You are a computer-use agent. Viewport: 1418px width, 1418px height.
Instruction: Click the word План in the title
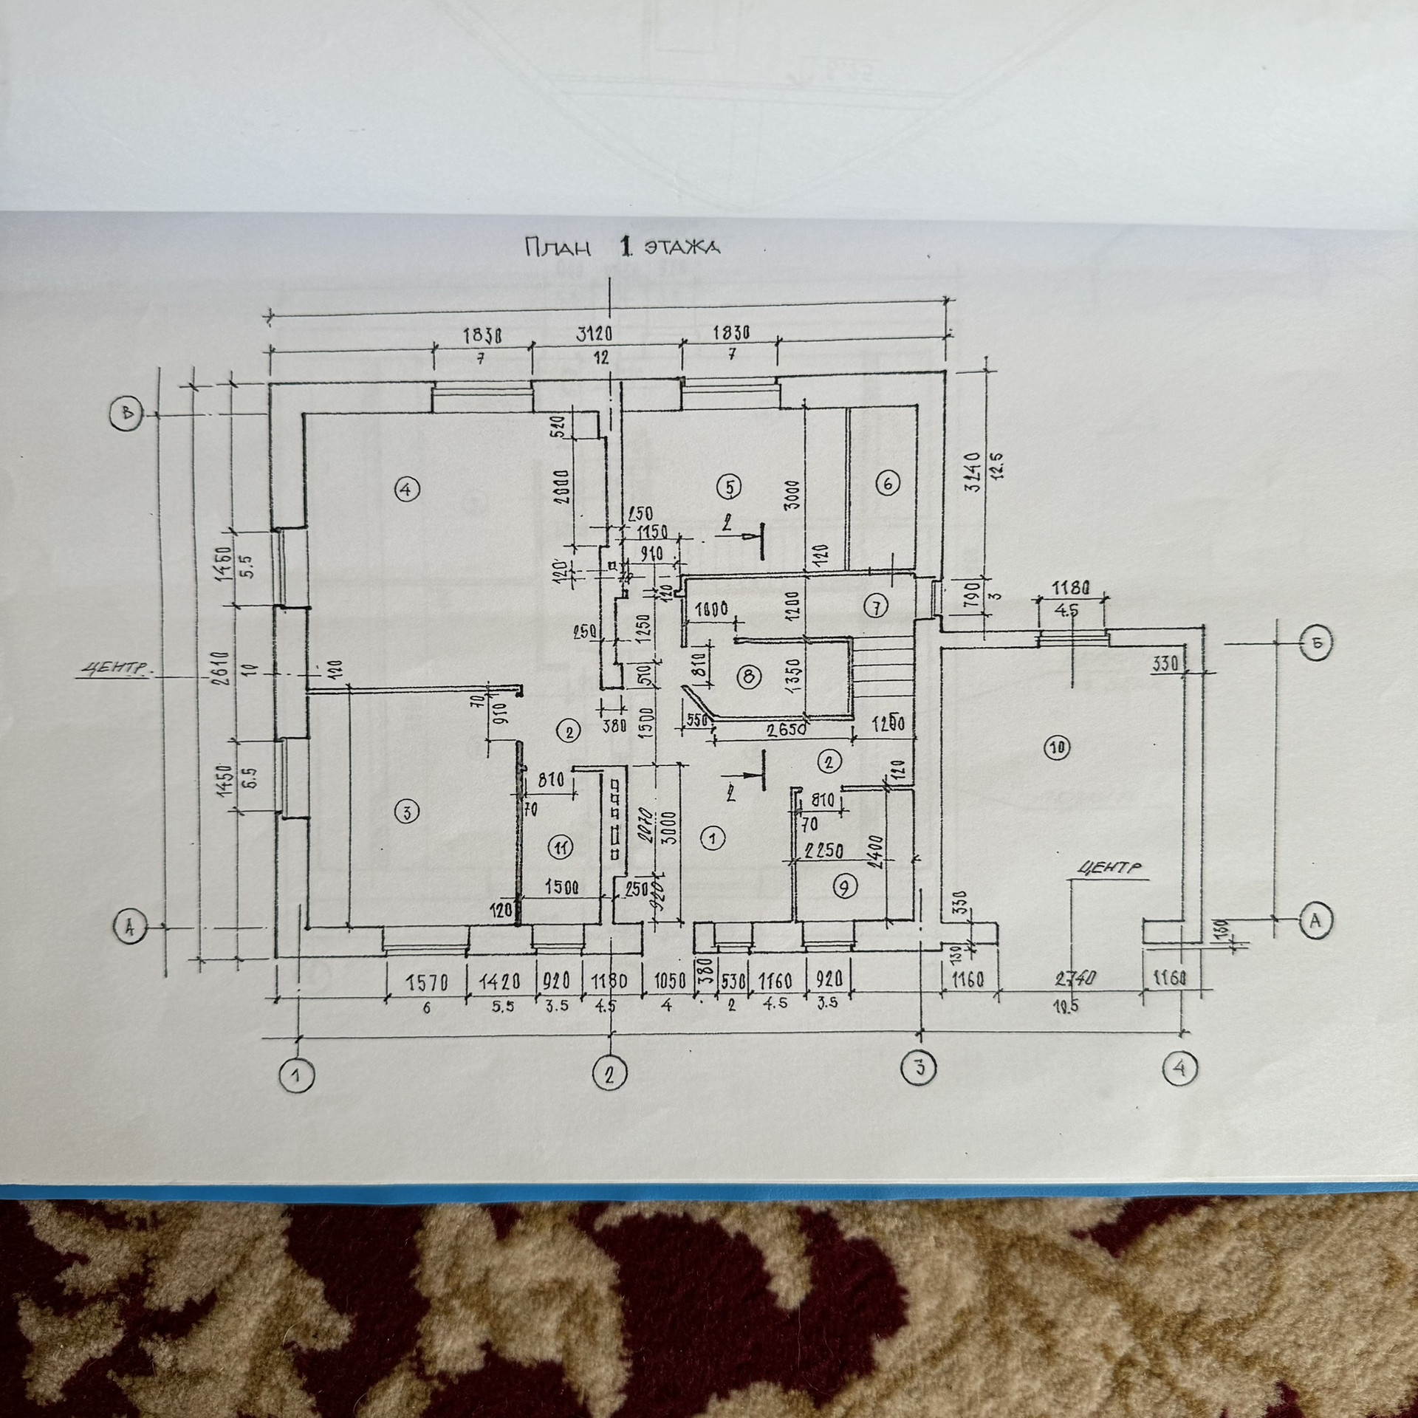click(x=558, y=247)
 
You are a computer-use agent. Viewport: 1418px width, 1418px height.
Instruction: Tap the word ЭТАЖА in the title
click(x=682, y=247)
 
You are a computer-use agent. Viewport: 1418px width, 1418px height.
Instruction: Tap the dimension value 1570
click(x=428, y=982)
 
